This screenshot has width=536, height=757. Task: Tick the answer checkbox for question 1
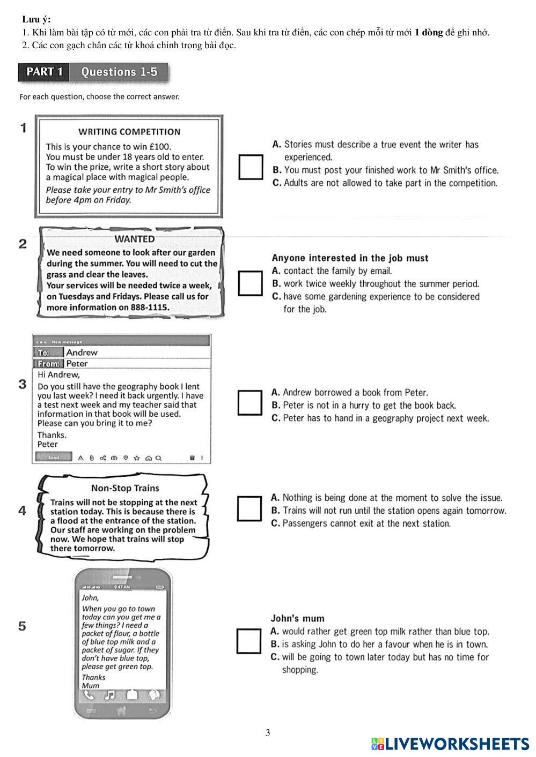coord(251,167)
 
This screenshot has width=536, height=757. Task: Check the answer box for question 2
coord(251,283)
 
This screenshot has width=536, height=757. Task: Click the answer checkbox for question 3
coord(250,403)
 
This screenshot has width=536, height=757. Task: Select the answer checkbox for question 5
coord(249,641)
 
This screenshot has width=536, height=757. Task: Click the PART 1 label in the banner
coord(45,72)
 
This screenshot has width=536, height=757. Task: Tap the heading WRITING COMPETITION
coord(129,132)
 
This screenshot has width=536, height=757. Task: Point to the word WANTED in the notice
coord(135,239)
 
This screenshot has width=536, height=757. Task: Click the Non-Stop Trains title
coord(125,488)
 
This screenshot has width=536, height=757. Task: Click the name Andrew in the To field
coord(82,353)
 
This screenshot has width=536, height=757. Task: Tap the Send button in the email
coord(54,458)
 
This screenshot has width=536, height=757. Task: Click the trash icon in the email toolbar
coord(192,458)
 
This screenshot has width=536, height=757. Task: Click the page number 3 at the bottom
coord(268,733)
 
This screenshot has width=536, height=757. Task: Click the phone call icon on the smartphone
coord(89,695)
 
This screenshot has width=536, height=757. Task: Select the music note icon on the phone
coord(109,695)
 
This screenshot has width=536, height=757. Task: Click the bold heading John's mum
coord(297,619)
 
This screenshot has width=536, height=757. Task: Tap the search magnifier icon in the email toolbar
coord(158,458)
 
